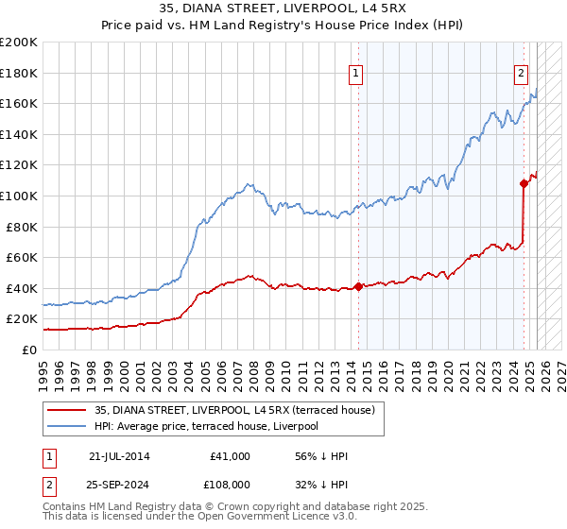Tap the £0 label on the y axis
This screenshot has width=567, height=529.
29,350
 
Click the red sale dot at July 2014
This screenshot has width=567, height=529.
359,286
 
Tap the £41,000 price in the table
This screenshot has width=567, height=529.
230,456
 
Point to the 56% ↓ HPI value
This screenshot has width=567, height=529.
321,456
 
